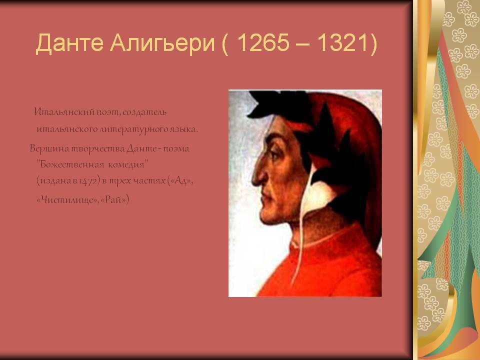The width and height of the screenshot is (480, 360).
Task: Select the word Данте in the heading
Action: pyautogui.click(x=69, y=43)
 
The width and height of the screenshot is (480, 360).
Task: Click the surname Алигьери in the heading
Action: pyautogui.click(x=162, y=43)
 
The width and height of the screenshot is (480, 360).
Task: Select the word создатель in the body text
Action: pyautogui.click(x=144, y=112)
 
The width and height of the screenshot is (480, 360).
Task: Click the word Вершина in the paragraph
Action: pyautogui.click(x=49, y=148)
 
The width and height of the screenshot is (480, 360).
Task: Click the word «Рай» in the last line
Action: pyautogui.click(x=113, y=200)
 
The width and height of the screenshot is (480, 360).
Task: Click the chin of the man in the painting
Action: pyautogui.click(x=267, y=216)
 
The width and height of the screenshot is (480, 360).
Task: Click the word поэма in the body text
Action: pyautogui.click(x=175, y=149)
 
